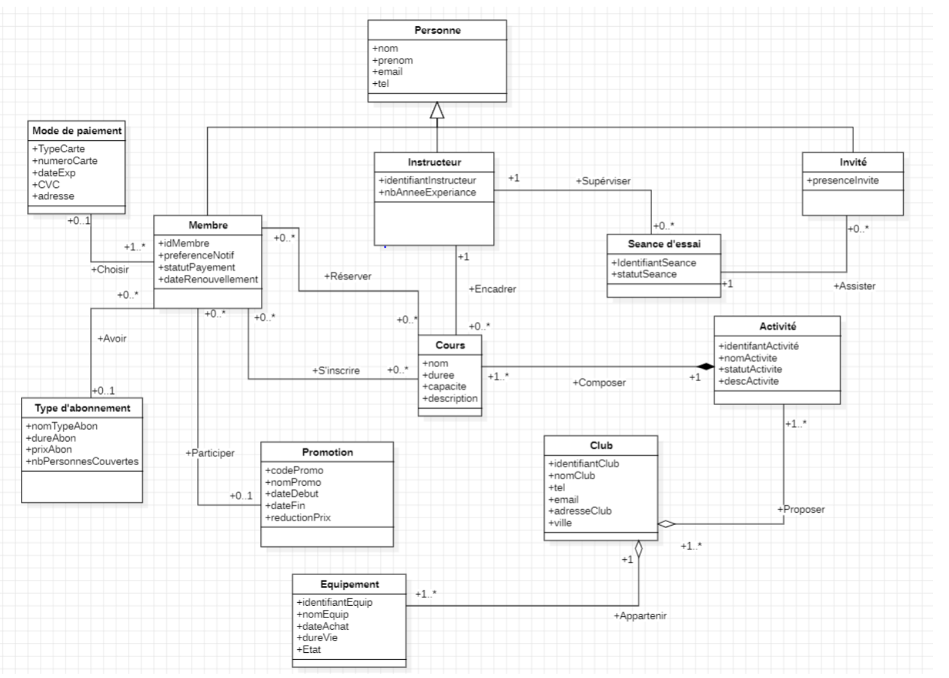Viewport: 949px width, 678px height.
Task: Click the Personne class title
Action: click(x=437, y=30)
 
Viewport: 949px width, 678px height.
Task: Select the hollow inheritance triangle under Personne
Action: click(x=437, y=110)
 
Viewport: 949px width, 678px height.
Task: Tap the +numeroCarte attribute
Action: click(x=65, y=161)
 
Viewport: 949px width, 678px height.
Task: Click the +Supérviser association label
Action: click(x=602, y=181)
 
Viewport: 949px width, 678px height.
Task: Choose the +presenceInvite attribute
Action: click(x=842, y=181)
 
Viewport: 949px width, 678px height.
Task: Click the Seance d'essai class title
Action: click(x=664, y=244)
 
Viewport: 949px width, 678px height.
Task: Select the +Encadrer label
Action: click(x=492, y=289)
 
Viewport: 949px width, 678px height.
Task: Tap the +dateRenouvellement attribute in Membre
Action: click(x=208, y=279)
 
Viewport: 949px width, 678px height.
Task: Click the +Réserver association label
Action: click(x=347, y=276)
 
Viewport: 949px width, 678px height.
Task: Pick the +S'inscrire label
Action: click(x=335, y=371)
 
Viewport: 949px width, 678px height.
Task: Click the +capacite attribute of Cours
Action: click(x=444, y=387)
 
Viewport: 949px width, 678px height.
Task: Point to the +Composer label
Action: click(x=599, y=382)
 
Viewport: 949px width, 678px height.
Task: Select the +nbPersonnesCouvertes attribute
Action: click(x=82, y=461)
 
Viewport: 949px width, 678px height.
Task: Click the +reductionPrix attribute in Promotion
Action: click(x=298, y=518)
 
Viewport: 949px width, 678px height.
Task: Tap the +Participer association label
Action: click(x=210, y=453)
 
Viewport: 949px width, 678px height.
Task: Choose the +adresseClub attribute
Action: click(x=580, y=511)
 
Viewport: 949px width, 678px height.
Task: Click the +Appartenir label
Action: click(x=640, y=616)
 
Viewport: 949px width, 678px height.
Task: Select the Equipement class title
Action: click(x=349, y=584)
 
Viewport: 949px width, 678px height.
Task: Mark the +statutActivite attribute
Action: click(x=750, y=370)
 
